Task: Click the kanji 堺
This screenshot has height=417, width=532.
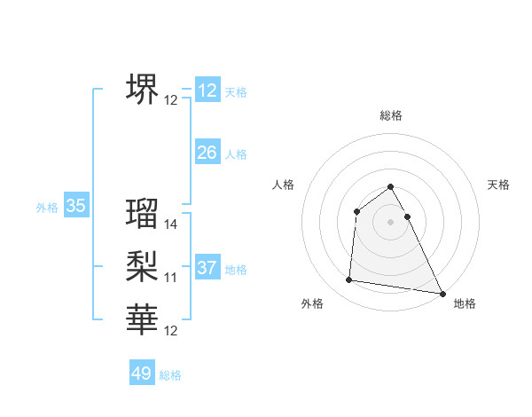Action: click(143, 88)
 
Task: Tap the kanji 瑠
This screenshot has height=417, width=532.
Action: click(143, 213)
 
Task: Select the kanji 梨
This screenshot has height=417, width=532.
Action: click(143, 265)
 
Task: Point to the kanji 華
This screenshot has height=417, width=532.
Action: click(143, 319)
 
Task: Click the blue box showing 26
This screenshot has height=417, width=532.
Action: click(207, 153)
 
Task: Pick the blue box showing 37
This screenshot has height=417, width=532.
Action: click(207, 268)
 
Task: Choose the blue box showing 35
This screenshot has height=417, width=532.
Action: click(76, 207)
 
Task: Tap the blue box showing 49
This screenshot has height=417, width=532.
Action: click(142, 374)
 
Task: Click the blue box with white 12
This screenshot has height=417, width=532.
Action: click(207, 90)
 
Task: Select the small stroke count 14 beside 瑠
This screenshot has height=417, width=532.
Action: click(171, 225)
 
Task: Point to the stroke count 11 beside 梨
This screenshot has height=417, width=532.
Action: click(171, 278)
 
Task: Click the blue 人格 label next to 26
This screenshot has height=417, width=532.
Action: click(236, 154)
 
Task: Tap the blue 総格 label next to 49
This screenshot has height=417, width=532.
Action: click(171, 375)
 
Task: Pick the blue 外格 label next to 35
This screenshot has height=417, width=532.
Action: click(47, 208)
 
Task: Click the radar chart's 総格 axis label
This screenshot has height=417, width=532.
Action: click(391, 115)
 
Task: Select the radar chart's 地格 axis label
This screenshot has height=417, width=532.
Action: click(465, 303)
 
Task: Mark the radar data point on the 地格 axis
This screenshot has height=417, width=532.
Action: click(442, 292)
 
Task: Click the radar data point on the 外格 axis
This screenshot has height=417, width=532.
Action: click(349, 280)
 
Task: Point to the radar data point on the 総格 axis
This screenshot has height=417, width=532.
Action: click(391, 186)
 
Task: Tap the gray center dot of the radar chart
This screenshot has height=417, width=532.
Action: click(391, 222)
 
